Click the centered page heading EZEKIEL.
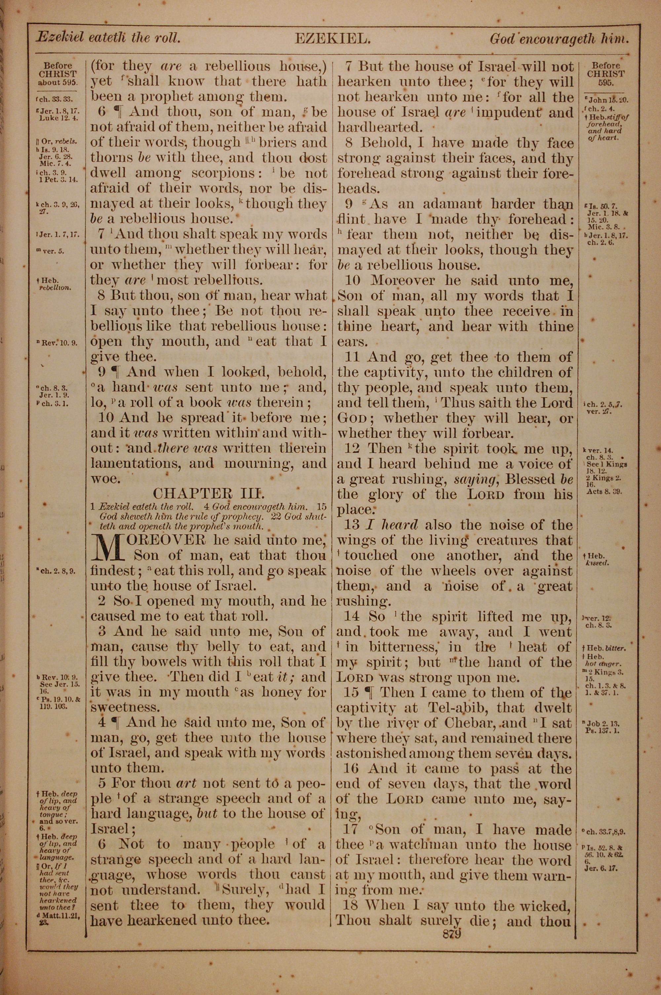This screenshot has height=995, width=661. pos(332,39)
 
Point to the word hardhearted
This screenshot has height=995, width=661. pos(379,127)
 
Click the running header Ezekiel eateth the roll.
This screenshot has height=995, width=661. pos(108,38)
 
